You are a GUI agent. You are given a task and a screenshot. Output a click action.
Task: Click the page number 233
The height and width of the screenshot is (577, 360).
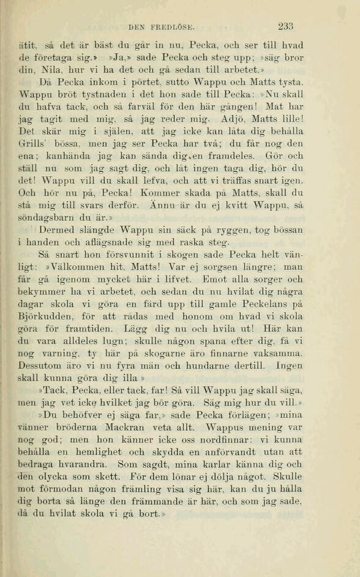(285, 26)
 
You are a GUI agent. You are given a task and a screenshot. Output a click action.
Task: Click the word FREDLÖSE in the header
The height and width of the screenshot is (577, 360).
(172, 27)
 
